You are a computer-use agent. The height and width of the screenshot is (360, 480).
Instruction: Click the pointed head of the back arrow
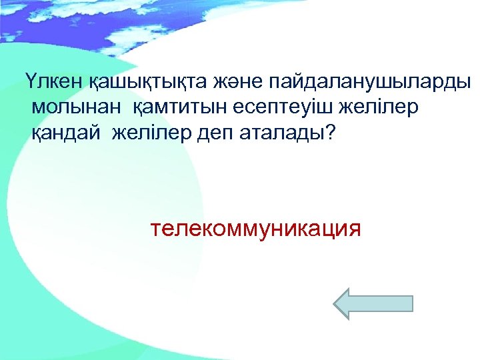pos(344,304)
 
